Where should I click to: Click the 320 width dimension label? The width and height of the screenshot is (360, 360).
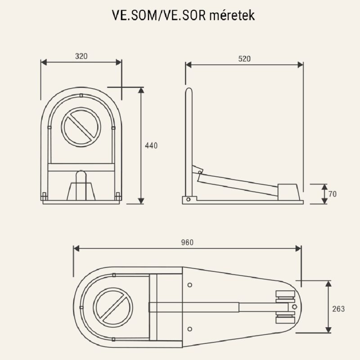[x=81, y=56]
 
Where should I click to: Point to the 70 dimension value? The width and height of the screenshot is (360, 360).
[x=333, y=194]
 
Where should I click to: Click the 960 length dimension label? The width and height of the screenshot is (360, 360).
[x=187, y=243]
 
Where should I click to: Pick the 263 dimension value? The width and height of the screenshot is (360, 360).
[x=339, y=309]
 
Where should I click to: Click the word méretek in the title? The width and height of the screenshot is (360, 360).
[x=232, y=16]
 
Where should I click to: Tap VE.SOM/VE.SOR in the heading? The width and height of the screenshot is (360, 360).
[x=159, y=16]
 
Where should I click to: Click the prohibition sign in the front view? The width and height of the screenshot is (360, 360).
[x=82, y=126]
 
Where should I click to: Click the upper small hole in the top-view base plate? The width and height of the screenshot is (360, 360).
[x=189, y=285]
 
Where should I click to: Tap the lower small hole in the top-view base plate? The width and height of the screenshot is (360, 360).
[x=189, y=328]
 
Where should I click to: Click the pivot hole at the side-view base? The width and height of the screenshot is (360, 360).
[x=189, y=198]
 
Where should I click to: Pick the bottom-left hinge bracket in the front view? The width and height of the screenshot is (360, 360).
[x=44, y=196]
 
